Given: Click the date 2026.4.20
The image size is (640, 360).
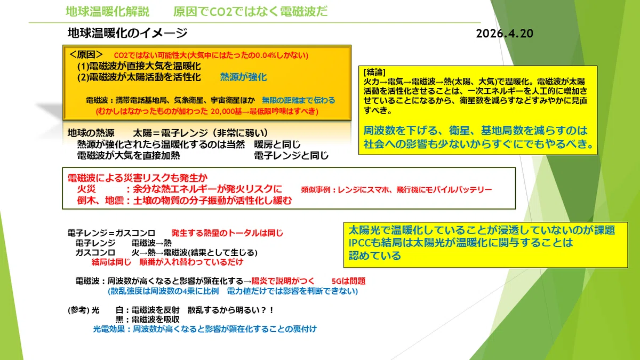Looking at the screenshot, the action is (x=505, y=34).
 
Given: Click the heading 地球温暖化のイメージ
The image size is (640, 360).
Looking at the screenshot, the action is (x=127, y=33).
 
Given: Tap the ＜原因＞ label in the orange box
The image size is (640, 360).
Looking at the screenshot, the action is (x=86, y=54).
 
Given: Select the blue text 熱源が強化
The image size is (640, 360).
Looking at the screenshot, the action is (x=243, y=77).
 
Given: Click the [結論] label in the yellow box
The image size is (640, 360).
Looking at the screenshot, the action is (x=374, y=72).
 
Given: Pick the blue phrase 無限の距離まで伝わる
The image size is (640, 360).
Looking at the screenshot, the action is (x=299, y=100).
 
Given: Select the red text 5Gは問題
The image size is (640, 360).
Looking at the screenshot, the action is (x=349, y=281).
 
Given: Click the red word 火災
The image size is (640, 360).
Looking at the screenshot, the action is (x=86, y=189).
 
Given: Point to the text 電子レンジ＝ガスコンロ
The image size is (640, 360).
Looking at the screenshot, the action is (x=111, y=233).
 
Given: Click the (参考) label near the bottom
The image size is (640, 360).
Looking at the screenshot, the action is (x=78, y=310).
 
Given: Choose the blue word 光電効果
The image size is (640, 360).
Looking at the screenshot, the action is (x=109, y=329).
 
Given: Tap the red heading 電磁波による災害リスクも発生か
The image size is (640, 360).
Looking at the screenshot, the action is (x=138, y=178).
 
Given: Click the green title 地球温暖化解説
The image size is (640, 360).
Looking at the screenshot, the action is (x=108, y=12).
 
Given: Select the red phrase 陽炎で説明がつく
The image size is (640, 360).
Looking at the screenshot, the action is (x=283, y=281).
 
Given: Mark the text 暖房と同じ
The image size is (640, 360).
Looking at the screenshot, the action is (x=277, y=145).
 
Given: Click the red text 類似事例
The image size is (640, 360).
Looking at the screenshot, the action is (x=316, y=190).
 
